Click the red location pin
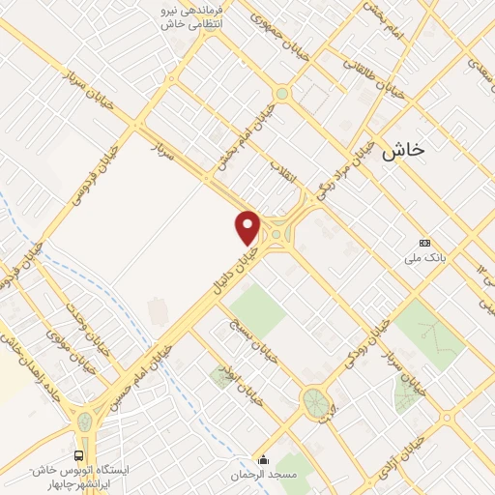pos(248,226)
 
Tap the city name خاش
pos(403,151)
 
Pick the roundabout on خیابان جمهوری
pos(282,94)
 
